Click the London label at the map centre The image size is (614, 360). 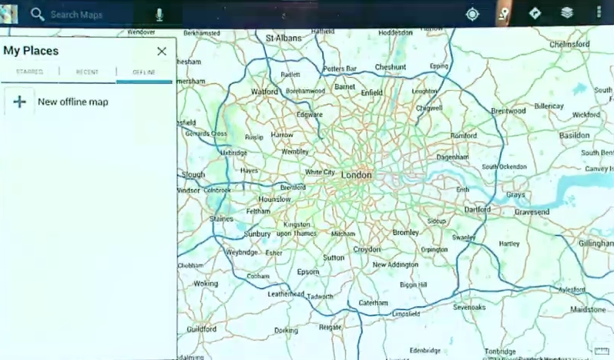coord(356,175)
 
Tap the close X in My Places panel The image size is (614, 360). coord(162,52)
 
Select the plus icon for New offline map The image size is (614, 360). coord(20,102)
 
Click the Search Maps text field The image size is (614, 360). coord(92,14)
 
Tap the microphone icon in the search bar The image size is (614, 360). coord(159,14)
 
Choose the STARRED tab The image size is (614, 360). coord(29,72)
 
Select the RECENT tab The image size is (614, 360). coord(87,72)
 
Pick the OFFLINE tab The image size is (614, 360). coord(144,72)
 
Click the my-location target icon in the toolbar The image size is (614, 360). coord(472,13)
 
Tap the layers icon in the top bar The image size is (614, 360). coord(567,13)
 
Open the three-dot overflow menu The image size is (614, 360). coord(599,13)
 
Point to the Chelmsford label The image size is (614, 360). coord(569,45)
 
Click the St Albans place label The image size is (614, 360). coord(282,38)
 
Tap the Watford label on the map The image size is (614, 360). coord(264,91)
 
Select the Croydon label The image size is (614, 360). coord(367,249)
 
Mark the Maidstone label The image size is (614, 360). coord(588,309)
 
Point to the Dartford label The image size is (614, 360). coord(478,209)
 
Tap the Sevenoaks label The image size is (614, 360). coord(469,307)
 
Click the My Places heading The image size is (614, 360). coord(31,51)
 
